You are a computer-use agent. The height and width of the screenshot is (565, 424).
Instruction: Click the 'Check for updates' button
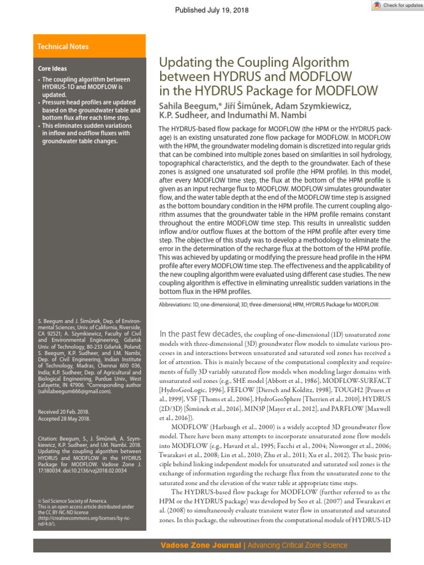(x=396, y=6)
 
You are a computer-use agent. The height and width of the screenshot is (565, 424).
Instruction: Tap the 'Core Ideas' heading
(x=52, y=69)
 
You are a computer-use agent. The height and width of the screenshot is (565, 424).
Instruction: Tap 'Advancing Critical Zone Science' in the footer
(x=298, y=546)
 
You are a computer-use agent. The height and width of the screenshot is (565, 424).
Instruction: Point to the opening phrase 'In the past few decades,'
(x=200, y=334)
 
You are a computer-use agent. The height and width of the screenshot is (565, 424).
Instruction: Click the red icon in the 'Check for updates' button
(x=377, y=6)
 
